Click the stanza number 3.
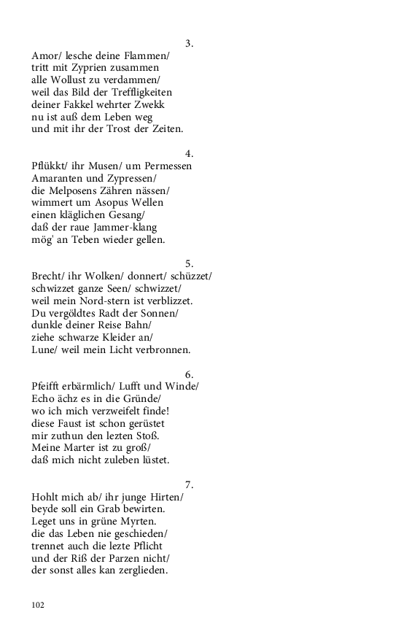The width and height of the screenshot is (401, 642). (x=189, y=43)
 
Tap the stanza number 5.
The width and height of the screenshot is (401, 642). (x=189, y=263)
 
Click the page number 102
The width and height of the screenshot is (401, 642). (x=38, y=605)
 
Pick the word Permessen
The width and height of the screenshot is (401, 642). (x=168, y=166)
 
